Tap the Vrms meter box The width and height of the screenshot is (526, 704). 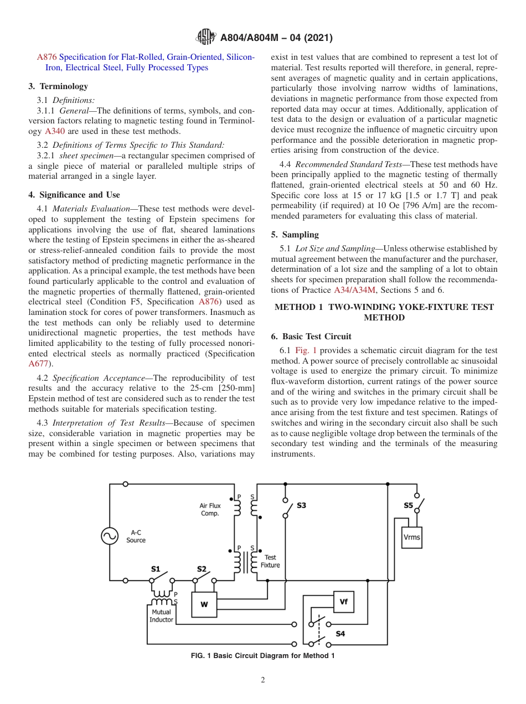[411, 537]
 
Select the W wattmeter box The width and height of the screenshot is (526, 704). [204, 604]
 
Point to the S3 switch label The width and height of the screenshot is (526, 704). [301, 505]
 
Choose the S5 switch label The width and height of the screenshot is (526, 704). [408, 505]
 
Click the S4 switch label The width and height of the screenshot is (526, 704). [340, 634]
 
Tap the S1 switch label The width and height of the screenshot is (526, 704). [156, 569]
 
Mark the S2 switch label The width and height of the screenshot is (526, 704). [202, 569]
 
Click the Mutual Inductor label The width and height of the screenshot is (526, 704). [161, 616]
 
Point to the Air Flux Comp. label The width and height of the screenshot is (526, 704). [210, 509]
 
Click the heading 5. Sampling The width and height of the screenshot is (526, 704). [295, 235]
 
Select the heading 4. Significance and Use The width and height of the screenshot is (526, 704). [74, 195]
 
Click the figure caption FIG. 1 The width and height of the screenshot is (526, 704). [262, 656]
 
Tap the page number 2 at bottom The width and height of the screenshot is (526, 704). [263, 680]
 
